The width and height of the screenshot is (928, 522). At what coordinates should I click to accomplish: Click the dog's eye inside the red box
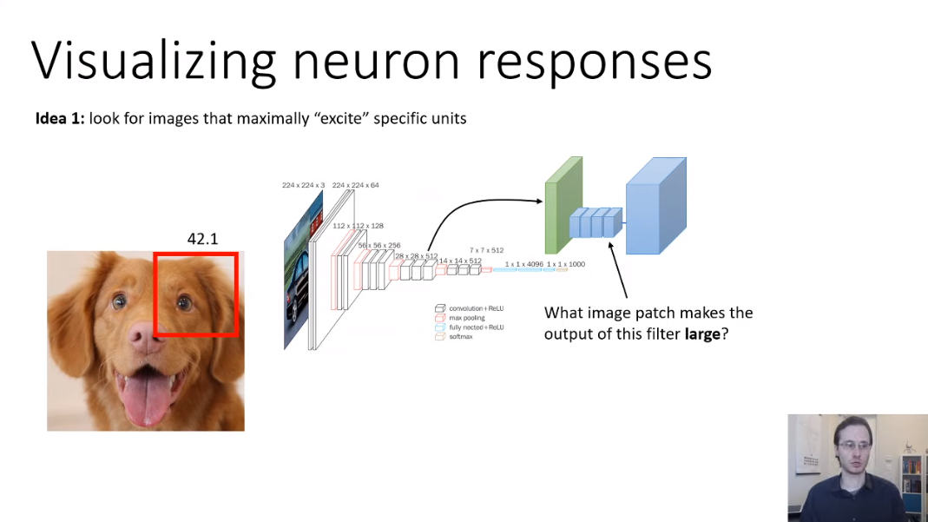(x=184, y=303)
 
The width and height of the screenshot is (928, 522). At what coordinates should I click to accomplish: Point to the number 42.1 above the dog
(x=202, y=239)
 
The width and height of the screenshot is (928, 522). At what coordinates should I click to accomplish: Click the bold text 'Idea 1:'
(x=60, y=118)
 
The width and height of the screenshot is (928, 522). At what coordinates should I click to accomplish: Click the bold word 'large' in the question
(x=703, y=334)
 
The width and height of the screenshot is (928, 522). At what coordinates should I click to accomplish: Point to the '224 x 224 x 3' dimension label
(x=303, y=185)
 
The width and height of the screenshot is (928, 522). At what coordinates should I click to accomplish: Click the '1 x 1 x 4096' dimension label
(x=523, y=263)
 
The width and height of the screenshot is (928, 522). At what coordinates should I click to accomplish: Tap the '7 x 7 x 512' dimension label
(x=486, y=250)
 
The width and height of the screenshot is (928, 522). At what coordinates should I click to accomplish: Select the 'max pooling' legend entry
(x=467, y=318)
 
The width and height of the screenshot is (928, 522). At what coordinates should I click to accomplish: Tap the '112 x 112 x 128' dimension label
(x=359, y=226)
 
